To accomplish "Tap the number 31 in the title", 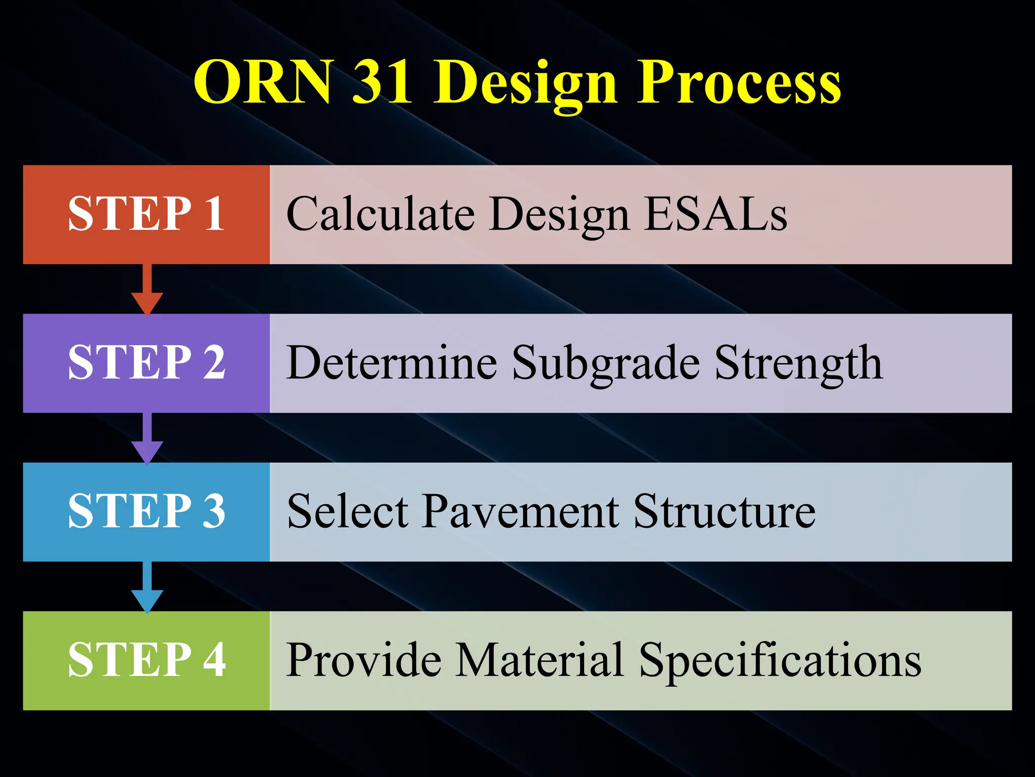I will (382, 82).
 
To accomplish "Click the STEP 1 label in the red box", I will (147, 214).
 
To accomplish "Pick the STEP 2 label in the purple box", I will (147, 362).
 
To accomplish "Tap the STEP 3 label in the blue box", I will (147, 511).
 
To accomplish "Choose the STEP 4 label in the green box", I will (147, 660).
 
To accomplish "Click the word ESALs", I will (716, 214).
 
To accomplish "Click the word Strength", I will (798, 363).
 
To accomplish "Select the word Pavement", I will (521, 511).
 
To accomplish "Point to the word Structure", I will (724, 511).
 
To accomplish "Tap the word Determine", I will (392, 362).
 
